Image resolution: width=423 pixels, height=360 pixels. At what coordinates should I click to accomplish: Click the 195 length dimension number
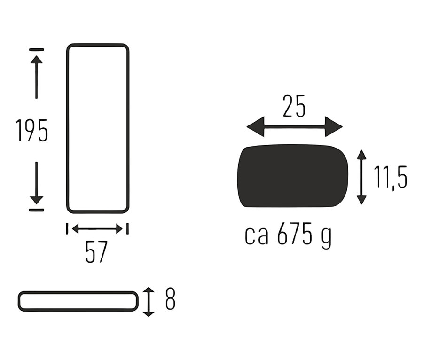32,131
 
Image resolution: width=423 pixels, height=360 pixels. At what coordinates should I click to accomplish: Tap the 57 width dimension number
96,252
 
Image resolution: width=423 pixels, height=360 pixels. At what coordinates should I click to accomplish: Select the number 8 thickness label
170,299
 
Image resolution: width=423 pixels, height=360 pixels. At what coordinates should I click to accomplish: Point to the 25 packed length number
294,106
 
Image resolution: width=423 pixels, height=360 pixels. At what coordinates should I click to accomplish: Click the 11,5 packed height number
391,177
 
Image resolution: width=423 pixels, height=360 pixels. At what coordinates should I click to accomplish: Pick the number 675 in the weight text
294,233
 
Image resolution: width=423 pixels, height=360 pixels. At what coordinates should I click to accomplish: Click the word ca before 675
257,235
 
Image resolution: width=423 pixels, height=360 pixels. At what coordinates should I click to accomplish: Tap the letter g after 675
327,238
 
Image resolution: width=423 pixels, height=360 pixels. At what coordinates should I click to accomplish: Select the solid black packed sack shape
293,176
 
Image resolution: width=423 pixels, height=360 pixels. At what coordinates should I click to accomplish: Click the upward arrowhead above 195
36,59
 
